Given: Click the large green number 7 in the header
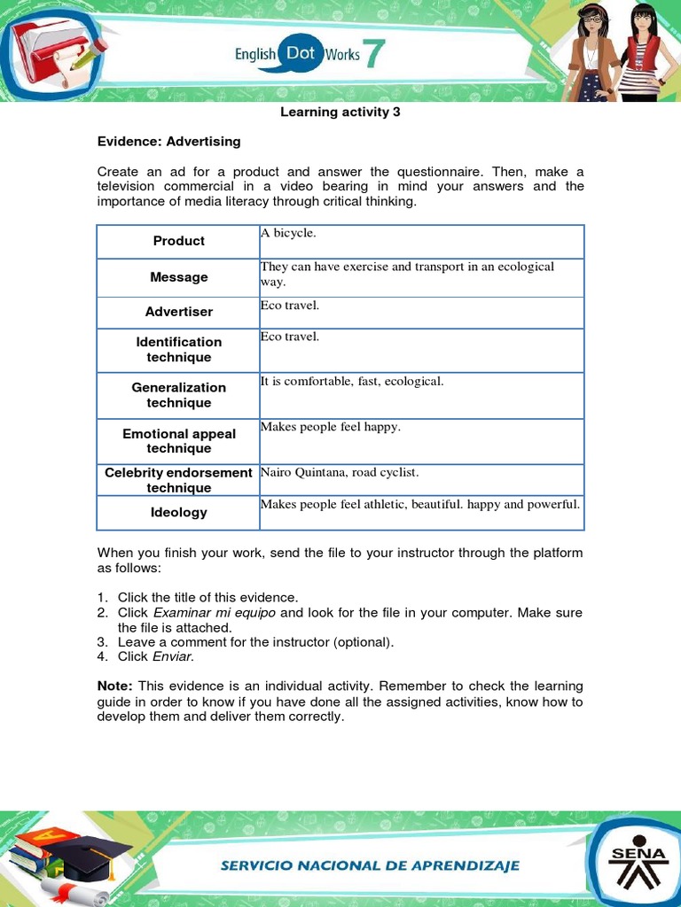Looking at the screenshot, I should coord(374,54).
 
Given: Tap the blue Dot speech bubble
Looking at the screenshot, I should coord(301,53).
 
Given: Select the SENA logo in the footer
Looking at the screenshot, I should coord(632,858).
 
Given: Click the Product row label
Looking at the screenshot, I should coord(178,241).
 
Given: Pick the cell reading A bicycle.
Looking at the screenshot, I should coord(288,232).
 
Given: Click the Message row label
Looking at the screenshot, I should coord(178,277).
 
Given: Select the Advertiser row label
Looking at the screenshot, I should coord(178,312).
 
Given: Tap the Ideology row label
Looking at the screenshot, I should coord(178,512).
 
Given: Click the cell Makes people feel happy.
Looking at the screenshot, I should coord(331,427).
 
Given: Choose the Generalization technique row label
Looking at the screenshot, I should coord(178,395).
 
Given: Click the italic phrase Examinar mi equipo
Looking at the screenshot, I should coord(215,613).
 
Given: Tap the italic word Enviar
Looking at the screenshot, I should coord(172,656).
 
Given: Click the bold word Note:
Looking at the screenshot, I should coord(114,686).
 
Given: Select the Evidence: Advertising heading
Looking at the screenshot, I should coord(168,141).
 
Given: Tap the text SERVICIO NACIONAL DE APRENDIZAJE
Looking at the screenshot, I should coord(370,865).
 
